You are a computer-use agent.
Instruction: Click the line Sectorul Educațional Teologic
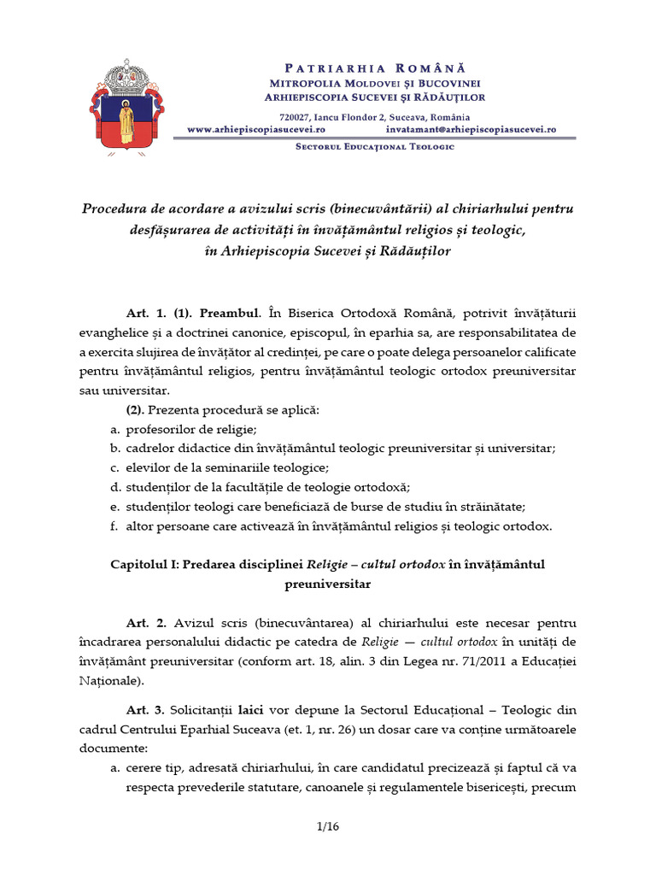pyautogui.click(x=374, y=147)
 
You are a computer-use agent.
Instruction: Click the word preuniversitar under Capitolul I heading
pyautogui.click(x=328, y=584)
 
